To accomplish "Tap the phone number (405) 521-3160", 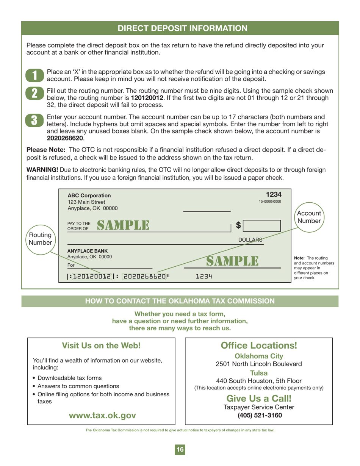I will tap(259, 415).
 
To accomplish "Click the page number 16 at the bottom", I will tap(180, 450).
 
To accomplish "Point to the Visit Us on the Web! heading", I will tap(101, 346).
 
